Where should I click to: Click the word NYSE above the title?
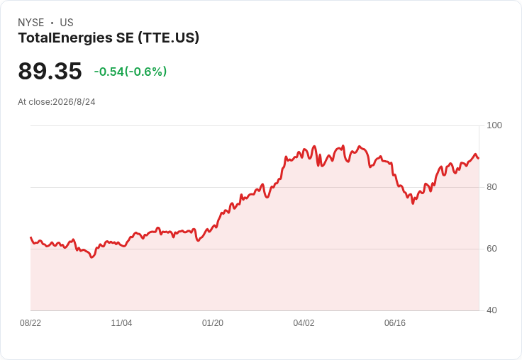pyautogui.click(x=31, y=23)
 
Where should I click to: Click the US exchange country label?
pyautogui.click(x=67, y=23)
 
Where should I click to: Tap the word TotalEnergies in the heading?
pyautogui.click(x=65, y=38)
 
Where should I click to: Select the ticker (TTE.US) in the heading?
pyautogui.click(x=169, y=38)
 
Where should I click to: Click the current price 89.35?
pyautogui.click(x=50, y=71)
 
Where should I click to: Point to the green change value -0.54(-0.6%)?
pyautogui.click(x=130, y=72)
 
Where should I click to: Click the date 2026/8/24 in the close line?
pyautogui.click(x=74, y=102)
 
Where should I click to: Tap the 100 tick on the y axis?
pyautogui.click(x=494, y=125)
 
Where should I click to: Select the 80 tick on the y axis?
pyautogui.click(x=492, y=187)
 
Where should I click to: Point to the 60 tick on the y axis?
pyautogui.click(x=492, y=249)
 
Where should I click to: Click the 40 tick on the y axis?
pyautogui.click(x=492, y=310)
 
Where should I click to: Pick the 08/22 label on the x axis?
pyautogui.click(x=30, y=323)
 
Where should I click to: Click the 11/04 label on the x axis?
pyautogui.click(x=121, y=323)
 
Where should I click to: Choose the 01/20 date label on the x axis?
pyautogui.click(x=213, y=323)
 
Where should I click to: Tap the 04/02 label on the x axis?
pyautogui.click(x=304, y=323)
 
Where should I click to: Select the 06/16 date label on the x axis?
pyautogui.click(x=395, y=323)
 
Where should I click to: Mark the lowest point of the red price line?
pyautogui.click(x=92, y=257)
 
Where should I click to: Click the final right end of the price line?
pyautogui.click(x=479, y=158)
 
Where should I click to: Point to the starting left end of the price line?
pyautogui.click(x=30, y=237)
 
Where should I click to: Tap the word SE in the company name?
pyautogui.click(x=125, y=38)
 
